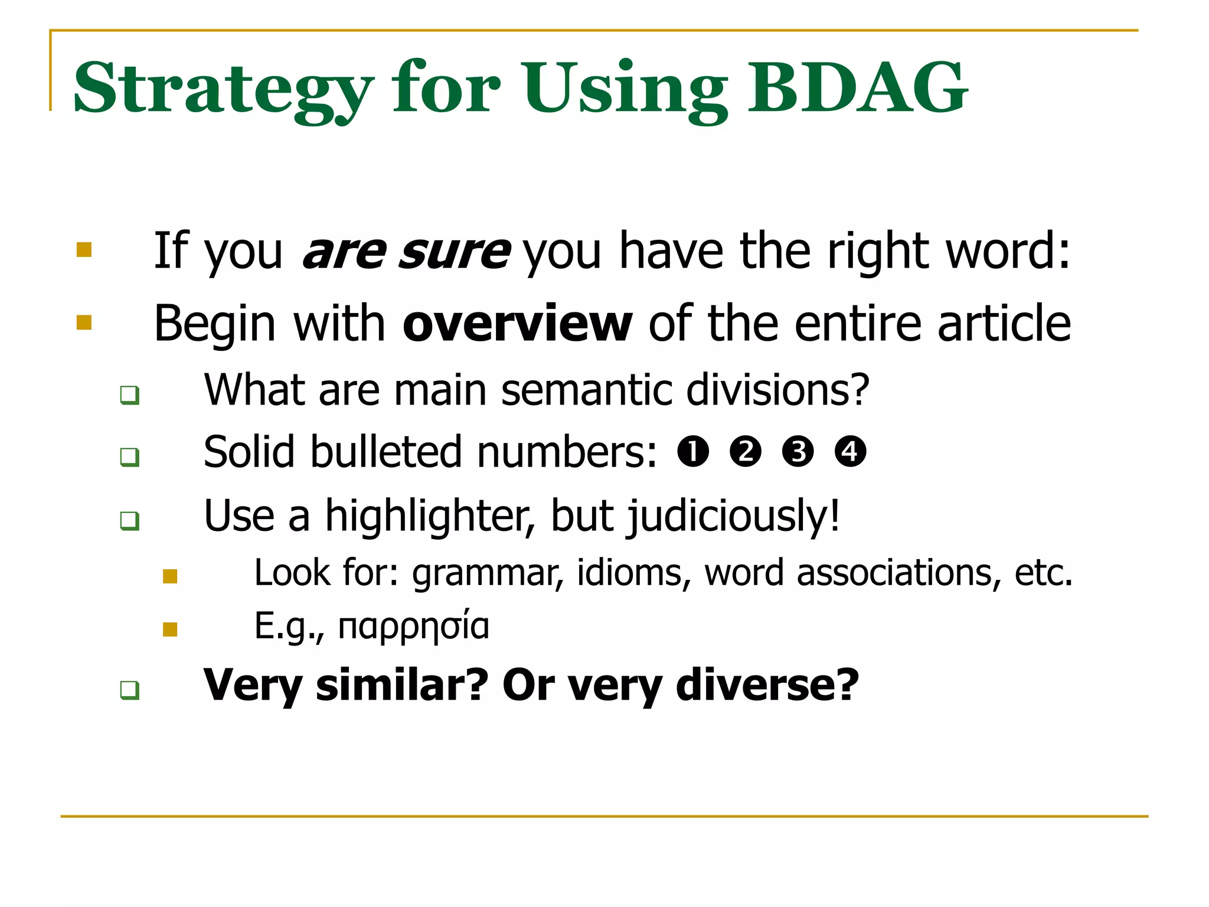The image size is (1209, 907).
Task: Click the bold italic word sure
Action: [x=453, y=252]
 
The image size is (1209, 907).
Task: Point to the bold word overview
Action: [x=517, y=324]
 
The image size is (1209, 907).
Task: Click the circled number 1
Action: [x=693, y=452]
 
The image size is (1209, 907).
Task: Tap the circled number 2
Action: [x=746, y=452]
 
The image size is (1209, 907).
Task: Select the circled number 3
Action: [x=798, y=452]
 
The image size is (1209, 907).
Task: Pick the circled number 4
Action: [x=851, y=452]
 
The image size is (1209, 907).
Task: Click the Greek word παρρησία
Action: [x=414, y=626]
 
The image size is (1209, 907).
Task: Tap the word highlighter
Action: [x=429, y=515]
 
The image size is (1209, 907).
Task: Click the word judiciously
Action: [x=733, y=516]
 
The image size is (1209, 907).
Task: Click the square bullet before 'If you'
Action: [x=84, y=250]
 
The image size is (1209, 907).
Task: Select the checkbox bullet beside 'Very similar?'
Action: [x=129, y=690]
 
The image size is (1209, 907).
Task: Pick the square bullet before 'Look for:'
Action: [x=170, y=576]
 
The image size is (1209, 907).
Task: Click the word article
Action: [x=1004, y=324]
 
